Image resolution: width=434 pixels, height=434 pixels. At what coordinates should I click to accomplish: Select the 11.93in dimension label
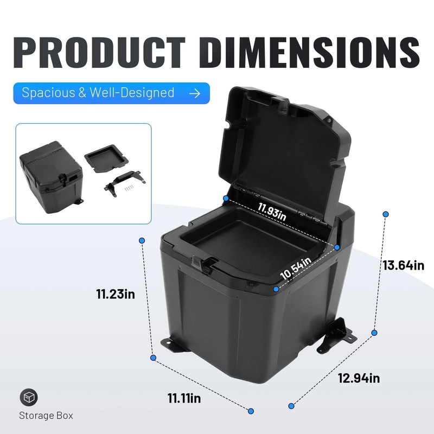point(272,208)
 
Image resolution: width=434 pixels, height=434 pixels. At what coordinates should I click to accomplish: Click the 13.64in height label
point(403,265)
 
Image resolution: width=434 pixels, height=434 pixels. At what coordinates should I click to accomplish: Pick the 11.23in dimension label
point(116,295)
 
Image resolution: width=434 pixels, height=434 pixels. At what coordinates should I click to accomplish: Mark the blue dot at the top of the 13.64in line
point(385,214)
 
